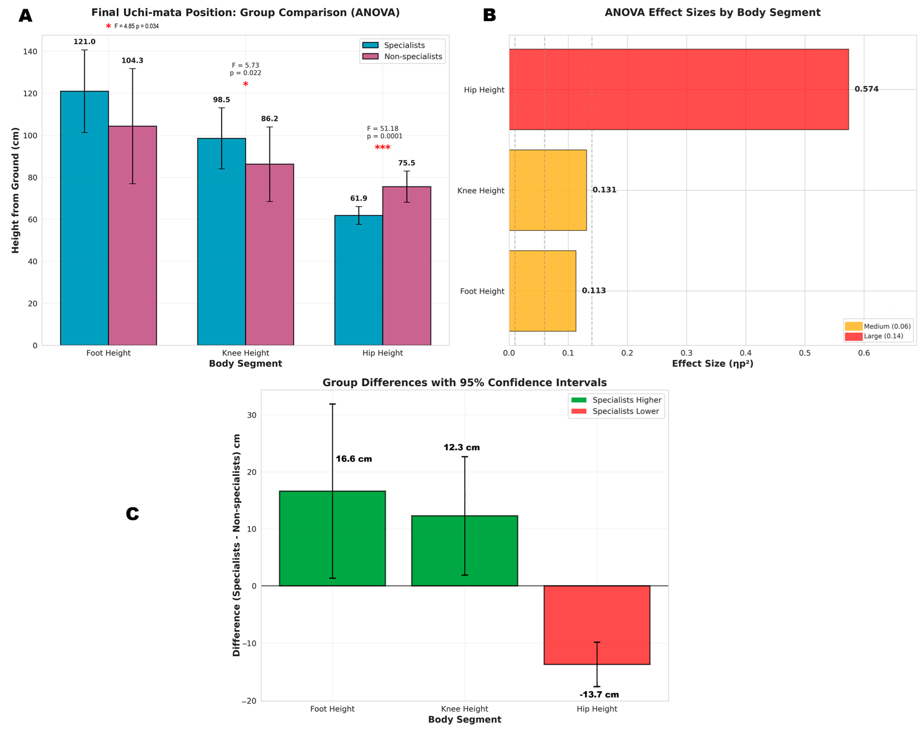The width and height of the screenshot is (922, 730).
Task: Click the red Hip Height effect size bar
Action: click(679, 89)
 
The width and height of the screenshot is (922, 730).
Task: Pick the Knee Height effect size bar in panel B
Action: click(548, 190)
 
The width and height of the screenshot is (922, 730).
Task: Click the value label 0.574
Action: click(866, 89)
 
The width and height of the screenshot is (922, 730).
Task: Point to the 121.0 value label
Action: click(84, 42)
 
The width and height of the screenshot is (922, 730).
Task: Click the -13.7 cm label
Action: click(599, 695)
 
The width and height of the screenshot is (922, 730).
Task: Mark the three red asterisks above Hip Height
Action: click(382, 148)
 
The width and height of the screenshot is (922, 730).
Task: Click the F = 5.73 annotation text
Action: click(245, 65)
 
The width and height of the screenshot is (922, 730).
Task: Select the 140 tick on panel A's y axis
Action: click(30, 52)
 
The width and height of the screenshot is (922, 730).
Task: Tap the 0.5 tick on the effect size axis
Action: click(805, 353)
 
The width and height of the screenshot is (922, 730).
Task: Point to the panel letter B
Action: click(489, 16)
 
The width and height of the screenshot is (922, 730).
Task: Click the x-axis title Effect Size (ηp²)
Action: click(713, 364)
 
